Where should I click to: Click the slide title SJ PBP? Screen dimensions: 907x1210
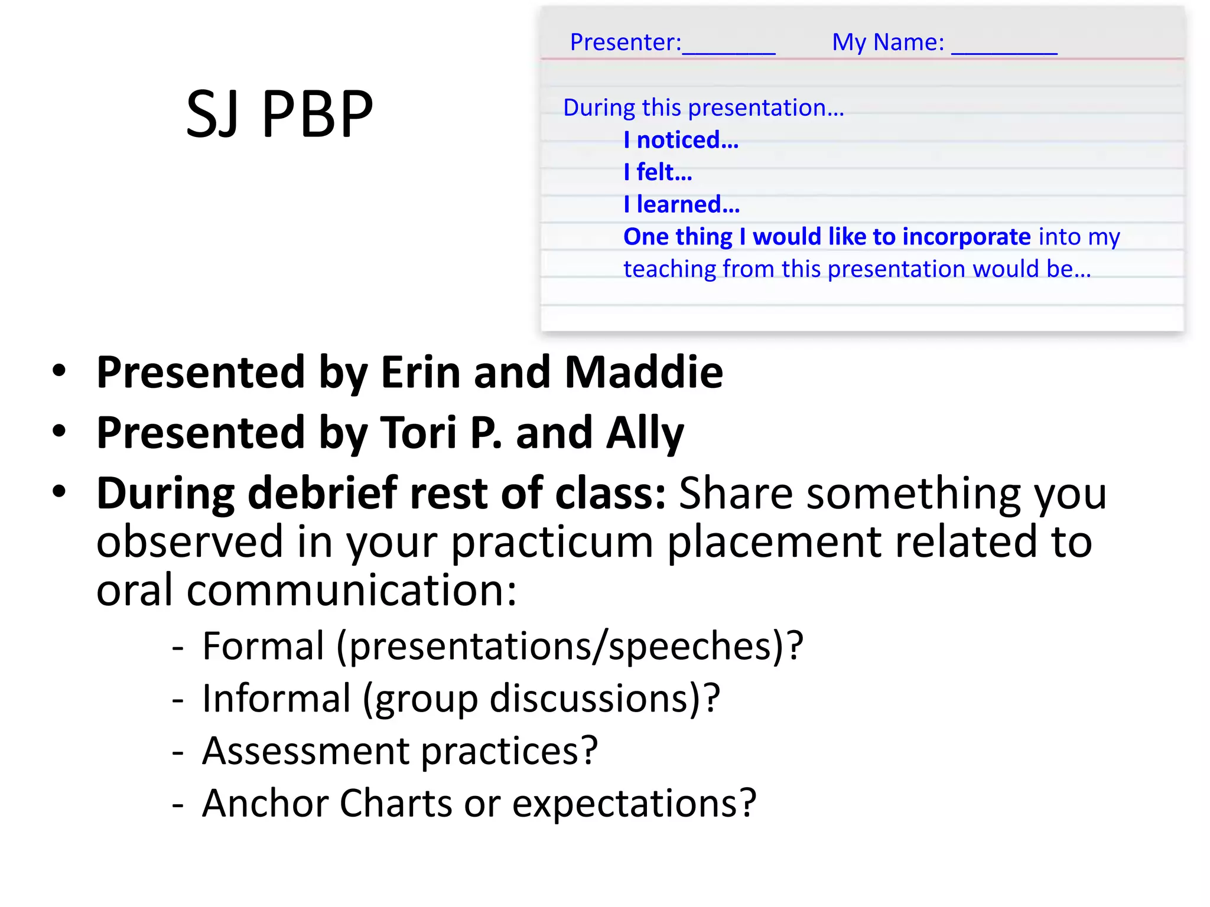coord(279,114)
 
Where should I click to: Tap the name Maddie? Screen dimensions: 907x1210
coord(643,373)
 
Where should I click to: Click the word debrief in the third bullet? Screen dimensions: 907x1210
coord(322,493)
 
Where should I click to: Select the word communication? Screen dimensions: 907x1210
coord(352,590)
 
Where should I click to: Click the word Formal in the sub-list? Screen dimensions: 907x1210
coord(263,646)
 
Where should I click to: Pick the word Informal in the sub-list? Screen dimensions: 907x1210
coord(276,699)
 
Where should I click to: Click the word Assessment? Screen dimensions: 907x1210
coord(305,751)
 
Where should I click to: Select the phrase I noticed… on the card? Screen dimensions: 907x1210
coord(681,141)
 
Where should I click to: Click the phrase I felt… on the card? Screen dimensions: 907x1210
coord(658,172)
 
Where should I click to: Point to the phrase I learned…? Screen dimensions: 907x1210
coord(681,205)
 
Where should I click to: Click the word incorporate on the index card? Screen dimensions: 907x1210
coord(967,237)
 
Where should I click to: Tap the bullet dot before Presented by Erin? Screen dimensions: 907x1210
coord(59,371)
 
